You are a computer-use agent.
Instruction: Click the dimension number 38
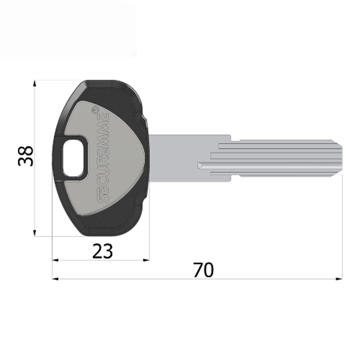tap(25, 157)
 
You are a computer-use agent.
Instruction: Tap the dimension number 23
tap(103, 251)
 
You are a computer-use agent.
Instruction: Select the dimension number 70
tap(203, 270)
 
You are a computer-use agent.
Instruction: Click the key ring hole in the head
tap(75, 157)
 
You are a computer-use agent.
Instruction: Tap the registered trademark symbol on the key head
tap(94, 110)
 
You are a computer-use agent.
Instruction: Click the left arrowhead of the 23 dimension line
tap(55, 260)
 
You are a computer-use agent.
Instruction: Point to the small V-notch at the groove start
tap(200, 164)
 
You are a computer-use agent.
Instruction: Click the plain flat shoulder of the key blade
tap(180, 157)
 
